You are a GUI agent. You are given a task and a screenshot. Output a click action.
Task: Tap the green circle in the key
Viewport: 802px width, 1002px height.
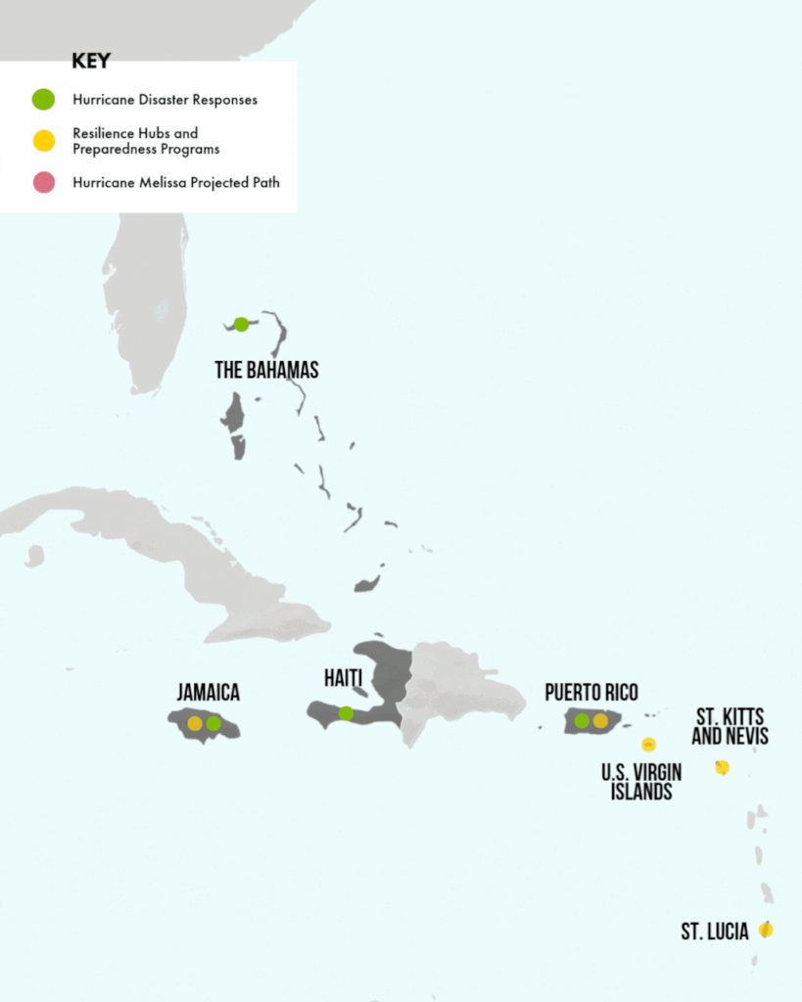tap(43, 99)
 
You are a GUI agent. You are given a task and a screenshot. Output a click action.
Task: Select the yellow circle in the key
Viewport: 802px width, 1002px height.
tap(43, 141)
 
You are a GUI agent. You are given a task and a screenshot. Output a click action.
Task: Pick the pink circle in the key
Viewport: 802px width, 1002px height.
tap(43, 182)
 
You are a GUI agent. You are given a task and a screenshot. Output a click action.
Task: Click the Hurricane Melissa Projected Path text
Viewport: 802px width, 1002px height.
tap(175, 182)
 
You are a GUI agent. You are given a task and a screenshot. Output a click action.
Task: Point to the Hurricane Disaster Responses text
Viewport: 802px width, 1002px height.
tap(165, 99)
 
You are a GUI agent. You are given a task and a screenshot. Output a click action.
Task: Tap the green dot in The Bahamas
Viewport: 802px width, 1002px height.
tap(241, 324)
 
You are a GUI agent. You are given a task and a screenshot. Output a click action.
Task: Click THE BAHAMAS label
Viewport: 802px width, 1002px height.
tap(266, 370)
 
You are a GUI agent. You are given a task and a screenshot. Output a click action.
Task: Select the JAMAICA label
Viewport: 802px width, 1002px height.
tap(208, 692)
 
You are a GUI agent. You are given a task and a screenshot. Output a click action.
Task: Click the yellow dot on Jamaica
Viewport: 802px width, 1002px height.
tap(195, 723)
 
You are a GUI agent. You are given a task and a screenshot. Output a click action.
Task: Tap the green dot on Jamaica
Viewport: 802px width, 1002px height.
tap(213, 723)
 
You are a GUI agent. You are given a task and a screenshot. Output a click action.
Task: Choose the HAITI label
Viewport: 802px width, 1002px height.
tap(343, 678)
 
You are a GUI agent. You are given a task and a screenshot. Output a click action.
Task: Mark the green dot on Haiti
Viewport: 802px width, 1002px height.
tap(346, 713)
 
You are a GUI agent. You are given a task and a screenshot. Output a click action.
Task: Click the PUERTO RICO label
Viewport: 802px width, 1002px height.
tap(591, 693)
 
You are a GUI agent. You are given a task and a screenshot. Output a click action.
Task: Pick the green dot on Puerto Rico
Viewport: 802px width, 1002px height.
tap(582, 721)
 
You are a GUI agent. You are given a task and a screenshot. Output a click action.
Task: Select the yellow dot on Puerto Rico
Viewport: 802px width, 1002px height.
tap(600, 721)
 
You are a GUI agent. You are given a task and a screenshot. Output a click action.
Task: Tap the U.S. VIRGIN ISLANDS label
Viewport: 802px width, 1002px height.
tap(641, 782)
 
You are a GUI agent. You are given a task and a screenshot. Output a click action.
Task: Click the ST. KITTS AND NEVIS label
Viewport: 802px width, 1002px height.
tap(730, 725)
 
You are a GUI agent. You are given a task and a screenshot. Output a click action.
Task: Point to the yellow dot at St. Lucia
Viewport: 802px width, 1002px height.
tap(766, 930)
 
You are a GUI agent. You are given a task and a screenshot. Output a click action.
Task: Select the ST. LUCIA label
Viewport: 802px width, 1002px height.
tap(715, 931)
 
